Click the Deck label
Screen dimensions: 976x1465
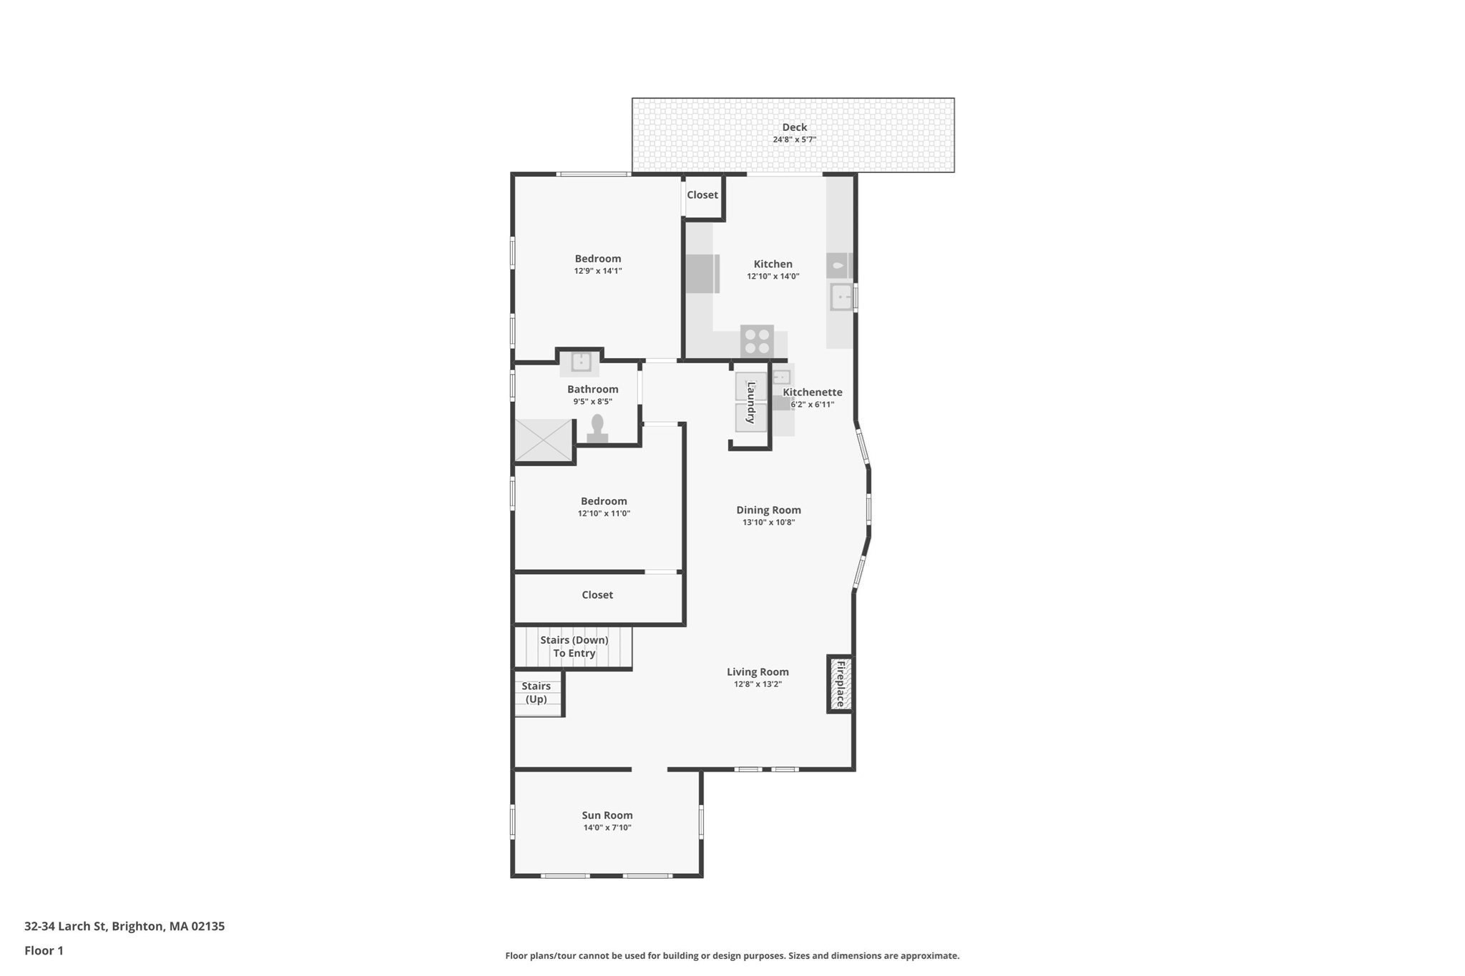click(x=794, y=127)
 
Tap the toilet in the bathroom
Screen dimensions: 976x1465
click(x=597, y=429)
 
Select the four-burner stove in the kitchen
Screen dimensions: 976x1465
click(x=757, y=340)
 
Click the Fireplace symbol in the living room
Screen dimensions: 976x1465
click(x=841, y=684)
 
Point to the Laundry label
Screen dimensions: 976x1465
click(x=751, y=403)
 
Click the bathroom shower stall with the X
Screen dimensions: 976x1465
click(x=544, y=440)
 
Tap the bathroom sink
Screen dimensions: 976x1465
click(x=581, y=362)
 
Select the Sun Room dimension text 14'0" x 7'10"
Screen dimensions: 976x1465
click(x=607, y=828)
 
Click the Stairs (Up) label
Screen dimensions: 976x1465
click(x=536, y=692)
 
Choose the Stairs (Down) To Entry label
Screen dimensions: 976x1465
click(x=574, y=646)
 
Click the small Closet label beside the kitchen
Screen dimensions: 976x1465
click(x=702, y=194)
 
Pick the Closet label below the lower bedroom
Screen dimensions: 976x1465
click(x=597, y=595)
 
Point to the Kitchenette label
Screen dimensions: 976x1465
click(x=813, y=392)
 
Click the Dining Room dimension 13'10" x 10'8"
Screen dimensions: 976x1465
click(x=769, y=523)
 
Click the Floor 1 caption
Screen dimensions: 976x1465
click(x=44, y=950)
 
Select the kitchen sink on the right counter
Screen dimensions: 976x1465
click(x=841, y=297)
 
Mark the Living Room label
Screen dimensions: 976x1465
click(x=758, y=671)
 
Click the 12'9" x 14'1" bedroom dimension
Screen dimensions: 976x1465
click(x=598, y=271)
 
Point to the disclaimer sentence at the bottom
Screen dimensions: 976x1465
click(x=732, y=955)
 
